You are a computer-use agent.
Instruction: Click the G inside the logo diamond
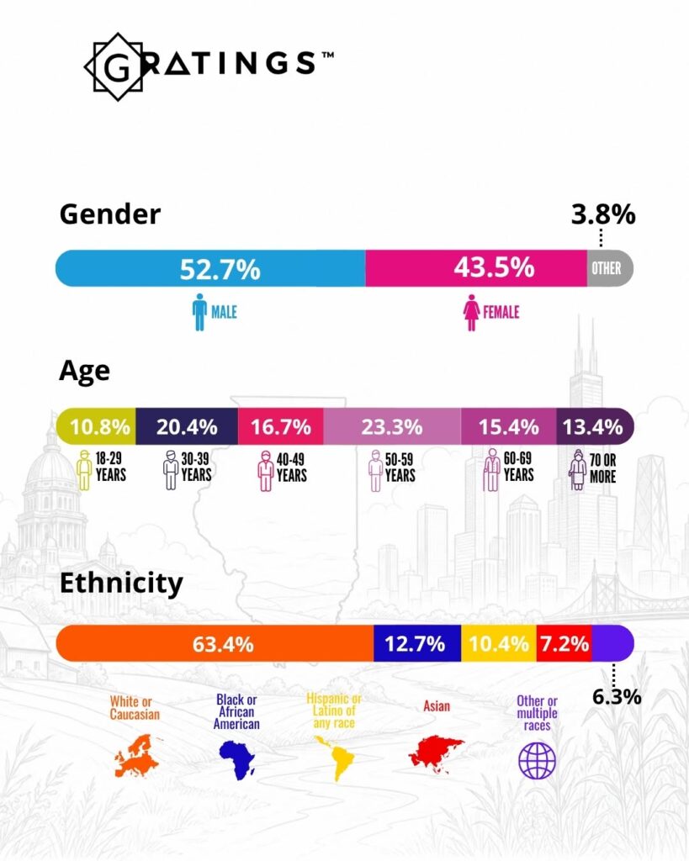click(x=118, y=67)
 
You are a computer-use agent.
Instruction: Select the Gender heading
click(x=110, y=214)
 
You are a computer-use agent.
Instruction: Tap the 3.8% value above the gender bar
click(x=602, y=214)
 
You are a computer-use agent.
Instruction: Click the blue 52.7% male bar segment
click(x=210, y=268)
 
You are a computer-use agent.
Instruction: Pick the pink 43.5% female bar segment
click(x=476, y=268)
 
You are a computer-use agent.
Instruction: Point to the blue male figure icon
click(x=199, y=312)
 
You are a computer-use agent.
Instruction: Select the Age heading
click(x=84, y=372)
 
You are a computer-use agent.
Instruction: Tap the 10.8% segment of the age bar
click(x=96, y=426)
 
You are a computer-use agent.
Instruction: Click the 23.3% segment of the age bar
click(x=392, y=426)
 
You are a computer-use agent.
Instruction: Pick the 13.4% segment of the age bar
click(x=595, y=426)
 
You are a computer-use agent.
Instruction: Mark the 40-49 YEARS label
click(x=291, y=467)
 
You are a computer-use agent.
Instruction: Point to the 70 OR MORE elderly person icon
click(x=577, y=469)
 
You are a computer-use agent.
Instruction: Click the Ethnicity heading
click(x=121, y=584)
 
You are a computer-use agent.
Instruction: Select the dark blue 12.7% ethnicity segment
click(x=417, y=643)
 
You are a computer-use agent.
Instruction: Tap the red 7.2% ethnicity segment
click(x=564, y=643)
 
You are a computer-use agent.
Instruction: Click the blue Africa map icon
click(x=237, y=759)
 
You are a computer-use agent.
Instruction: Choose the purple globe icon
click(x=538, y=760)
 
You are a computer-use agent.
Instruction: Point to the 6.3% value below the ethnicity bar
click(x=617, y=697)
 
